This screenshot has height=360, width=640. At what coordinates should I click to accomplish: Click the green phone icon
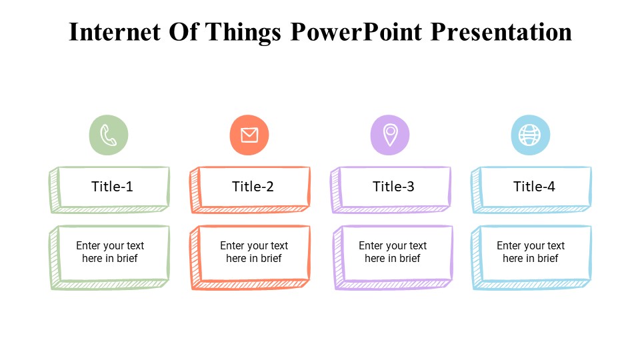(x=109, y=135)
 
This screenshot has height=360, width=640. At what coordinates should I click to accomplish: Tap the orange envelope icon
(x=249, y=135)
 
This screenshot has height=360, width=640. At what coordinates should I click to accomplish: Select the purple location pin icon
(x=390, y=135)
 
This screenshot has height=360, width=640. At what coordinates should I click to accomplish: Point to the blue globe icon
(x=531, y=135)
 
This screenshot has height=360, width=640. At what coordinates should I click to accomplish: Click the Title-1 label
(x=112, y=187)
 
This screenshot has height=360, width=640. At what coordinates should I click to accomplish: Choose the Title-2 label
(x=253, y=187)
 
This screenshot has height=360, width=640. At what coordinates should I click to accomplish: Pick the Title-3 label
(x=393, y=187)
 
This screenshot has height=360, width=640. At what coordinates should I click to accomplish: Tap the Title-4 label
(x=534, y=187)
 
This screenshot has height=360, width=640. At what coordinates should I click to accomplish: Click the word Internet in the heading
(x=115, y=32)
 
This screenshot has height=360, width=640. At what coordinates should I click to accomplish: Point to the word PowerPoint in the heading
(x=356, y=32)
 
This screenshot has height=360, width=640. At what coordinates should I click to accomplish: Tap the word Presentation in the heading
(x=501, y=32)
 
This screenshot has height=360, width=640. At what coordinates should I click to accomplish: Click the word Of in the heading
(x=183, y=32)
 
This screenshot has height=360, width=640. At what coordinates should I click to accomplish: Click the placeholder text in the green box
(x=110, y=252)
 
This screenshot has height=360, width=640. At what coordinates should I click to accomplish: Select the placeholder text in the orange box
(x=254, y=252)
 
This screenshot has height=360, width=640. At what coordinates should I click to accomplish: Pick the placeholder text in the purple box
(x=393, y=252)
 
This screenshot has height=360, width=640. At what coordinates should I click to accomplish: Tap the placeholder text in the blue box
(x=531, y=252)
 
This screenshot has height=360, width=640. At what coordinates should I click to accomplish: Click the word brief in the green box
(x=127, y=259)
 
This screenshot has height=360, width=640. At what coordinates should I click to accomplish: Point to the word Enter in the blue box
(x=509, y=245)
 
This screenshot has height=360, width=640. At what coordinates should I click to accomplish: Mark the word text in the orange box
(x=279, y=246)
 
